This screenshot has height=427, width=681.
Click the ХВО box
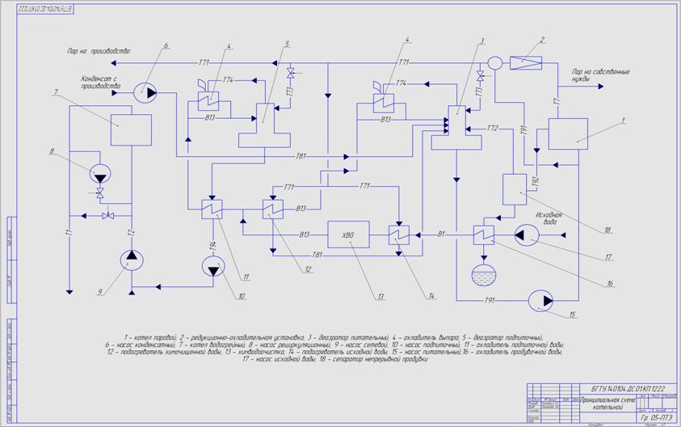347,234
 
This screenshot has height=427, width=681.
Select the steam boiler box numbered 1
567,133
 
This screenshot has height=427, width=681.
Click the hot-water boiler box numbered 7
131,129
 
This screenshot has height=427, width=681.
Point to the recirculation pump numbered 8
102,173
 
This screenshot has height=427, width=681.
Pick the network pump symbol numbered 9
132,259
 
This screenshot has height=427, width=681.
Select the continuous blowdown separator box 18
515,188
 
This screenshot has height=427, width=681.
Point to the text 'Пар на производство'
99,51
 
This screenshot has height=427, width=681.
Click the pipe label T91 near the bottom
489,301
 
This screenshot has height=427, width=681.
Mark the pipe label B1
442,235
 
